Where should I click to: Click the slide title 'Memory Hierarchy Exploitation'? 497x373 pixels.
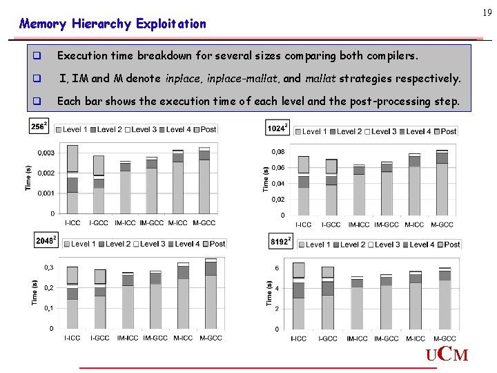pos(113,24)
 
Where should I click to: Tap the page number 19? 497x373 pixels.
pos(487,12)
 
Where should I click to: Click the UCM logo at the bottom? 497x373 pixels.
pos(447,356)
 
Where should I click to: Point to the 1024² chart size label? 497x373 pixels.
pos(277,128)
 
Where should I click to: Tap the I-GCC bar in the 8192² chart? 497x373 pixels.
pos(327,298)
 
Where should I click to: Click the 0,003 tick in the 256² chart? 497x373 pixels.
pos(46,153)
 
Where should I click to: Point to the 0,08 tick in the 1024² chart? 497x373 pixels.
pos(277,152)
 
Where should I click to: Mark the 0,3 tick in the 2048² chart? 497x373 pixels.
pos(49,267)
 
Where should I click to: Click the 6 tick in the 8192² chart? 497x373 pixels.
pos(277,268)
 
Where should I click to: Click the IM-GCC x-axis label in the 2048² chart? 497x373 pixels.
pos(155,338)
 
